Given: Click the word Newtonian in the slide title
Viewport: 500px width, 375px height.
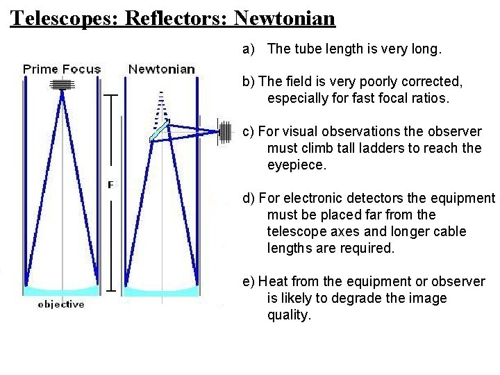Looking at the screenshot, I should point(285,17).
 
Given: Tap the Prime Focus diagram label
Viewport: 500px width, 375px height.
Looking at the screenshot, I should point(62,69).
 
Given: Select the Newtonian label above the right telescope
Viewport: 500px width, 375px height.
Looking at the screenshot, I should point(162,69).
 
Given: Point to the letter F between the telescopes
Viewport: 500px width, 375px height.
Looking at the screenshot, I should point(110,185).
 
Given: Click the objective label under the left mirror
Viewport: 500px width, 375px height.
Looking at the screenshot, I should point(61,304).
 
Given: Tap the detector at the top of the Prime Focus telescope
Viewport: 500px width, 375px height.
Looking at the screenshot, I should point(62,84).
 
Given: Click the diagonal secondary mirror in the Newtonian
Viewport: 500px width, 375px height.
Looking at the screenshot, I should point(160,131).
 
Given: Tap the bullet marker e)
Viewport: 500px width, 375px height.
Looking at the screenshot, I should point(249,281).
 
